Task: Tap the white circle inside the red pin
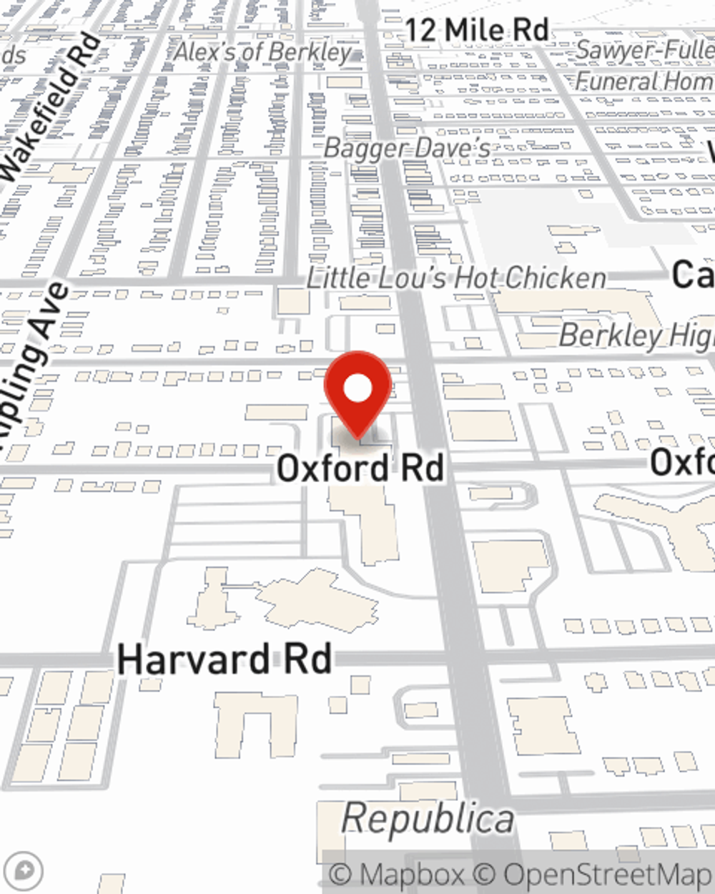[358, 389]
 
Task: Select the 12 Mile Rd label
[477, 30]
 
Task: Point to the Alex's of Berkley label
[264, 52]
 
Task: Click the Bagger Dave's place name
[408, 149]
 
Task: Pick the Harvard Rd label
[225, 659]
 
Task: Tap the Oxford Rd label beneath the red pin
[360, 468]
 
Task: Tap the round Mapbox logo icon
[24, 871]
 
